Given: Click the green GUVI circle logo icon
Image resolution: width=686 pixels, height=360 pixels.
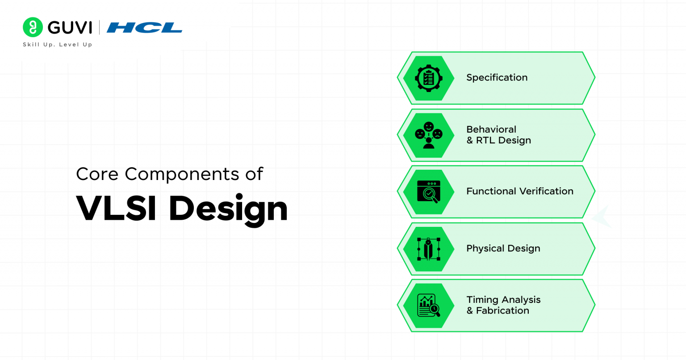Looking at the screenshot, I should click(x=33, y=27).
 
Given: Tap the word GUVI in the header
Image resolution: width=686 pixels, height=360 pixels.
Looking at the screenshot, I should click(x=70, y=28).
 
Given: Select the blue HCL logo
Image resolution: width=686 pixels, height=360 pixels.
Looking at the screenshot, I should click(x=144, y=28).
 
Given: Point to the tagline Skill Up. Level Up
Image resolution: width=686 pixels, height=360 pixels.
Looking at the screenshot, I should click(x=57, y=45).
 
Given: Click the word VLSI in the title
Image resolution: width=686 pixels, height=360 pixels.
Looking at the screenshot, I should click(x=116, y=208).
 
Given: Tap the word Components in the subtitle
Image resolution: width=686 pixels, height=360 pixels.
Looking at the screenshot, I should click(x=182, y=174).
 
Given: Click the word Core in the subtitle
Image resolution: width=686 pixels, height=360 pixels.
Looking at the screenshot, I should click(x=97, y=174).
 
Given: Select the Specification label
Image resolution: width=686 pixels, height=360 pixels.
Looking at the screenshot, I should click(x=497, y=78).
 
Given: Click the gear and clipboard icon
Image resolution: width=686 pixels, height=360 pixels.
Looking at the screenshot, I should click(x=429, y=78).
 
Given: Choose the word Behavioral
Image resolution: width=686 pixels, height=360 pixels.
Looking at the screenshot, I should click(x=491, y=130).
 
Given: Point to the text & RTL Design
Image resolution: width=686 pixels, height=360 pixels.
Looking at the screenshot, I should click(x=499, y=140).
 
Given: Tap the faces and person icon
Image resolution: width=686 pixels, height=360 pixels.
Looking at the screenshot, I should click(x=429, y=135).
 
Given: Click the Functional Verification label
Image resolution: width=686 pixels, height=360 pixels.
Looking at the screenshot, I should click(x=520, y=191).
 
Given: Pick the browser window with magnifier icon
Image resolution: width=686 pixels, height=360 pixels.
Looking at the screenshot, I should click(x=429, y=192).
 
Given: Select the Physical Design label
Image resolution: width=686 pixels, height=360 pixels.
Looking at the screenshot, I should click(x=503, y=248).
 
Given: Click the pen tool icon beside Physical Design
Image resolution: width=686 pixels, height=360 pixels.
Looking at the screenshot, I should click(x=429, y=249).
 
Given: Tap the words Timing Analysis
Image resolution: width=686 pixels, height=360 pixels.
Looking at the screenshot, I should click(x=503, y=300).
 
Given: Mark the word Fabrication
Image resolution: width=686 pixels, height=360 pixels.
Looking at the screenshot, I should click(x=502, y=311).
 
